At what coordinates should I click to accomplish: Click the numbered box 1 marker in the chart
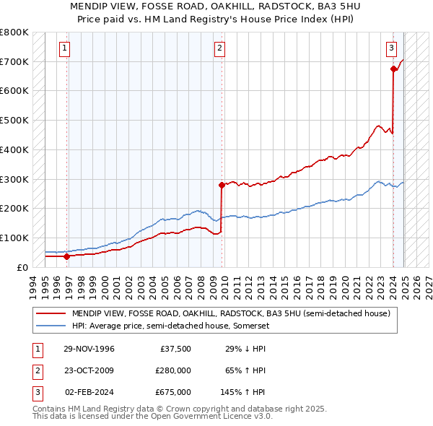[65, 49]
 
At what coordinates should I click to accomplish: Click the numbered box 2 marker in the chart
[219, 49]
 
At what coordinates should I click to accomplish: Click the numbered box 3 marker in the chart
[391, 49]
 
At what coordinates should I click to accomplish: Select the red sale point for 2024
[393, 69]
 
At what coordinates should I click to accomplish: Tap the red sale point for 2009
[222, 185]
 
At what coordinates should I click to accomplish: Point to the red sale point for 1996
[67, 256]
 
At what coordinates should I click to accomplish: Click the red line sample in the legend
[51, 313]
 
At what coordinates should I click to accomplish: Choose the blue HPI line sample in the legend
[51, 326]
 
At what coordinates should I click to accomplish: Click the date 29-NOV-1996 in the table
[89, 349]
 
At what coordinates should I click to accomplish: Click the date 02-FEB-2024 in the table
[89, 392]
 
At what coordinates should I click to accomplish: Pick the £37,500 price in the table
[174, 349]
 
